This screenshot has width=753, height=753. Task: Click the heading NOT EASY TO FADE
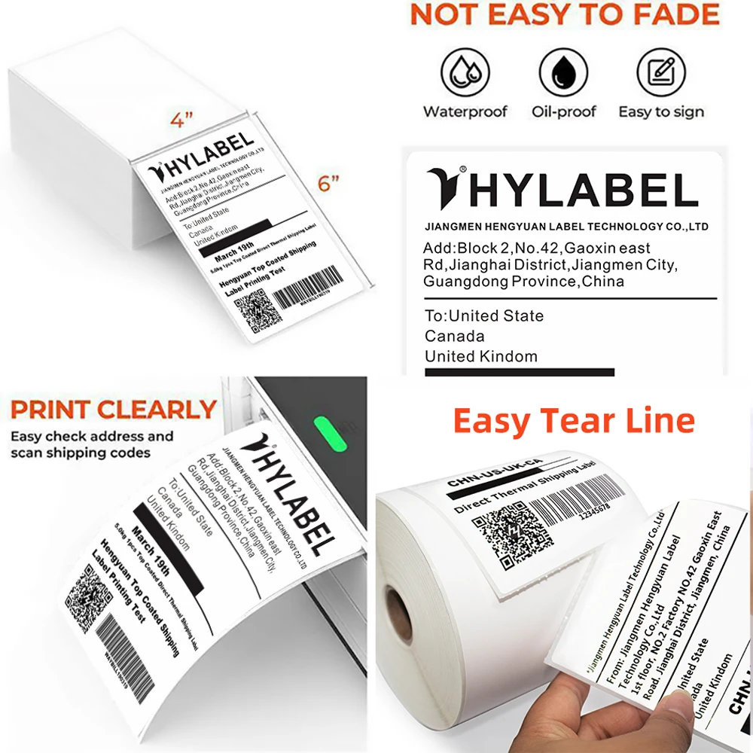click(564, 17)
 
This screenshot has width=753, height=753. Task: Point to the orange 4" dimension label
click(181, 120)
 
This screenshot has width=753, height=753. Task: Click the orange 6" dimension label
click(328, 183)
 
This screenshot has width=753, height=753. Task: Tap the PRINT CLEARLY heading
click(114, 410)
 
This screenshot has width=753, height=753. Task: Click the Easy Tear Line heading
click(574, 421)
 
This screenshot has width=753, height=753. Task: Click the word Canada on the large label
click(455, 336)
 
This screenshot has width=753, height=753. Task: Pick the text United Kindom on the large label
click(481, 356)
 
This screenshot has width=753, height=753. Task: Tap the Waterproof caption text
click(465, 112)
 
